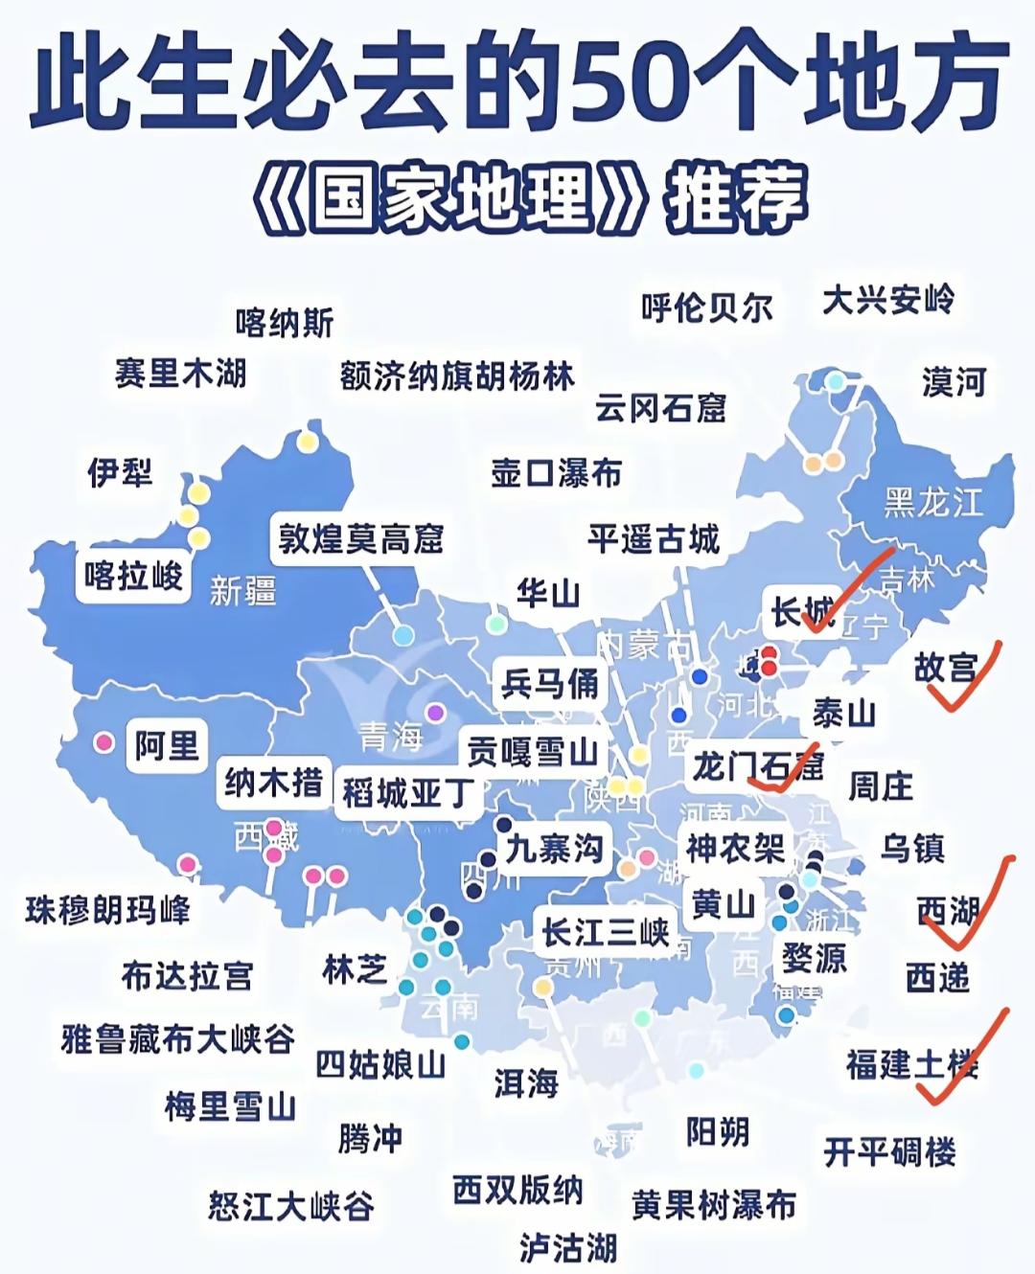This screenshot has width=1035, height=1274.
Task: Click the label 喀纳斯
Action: tap(285, 323)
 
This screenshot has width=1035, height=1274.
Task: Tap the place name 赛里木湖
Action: tap(180, 373)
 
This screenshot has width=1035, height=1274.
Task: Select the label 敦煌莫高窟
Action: tap(361, 538)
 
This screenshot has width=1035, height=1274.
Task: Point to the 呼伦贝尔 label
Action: tap(707, 307)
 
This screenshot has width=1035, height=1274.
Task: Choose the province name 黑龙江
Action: tap(933, 500)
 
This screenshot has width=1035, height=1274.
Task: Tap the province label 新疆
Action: tap(243, 590)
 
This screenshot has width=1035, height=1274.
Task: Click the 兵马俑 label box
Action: tap(550, 682)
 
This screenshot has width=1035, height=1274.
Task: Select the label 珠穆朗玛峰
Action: tap(107, 909)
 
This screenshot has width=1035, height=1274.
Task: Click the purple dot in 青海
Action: tap(436, 712)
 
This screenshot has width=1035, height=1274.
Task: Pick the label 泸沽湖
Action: tap(568, 1248)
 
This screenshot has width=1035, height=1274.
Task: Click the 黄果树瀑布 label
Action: tap(714, 1204)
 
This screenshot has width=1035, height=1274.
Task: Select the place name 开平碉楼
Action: tap(889, 1151)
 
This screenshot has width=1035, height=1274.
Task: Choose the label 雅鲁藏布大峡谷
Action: tap(178, 1038)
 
